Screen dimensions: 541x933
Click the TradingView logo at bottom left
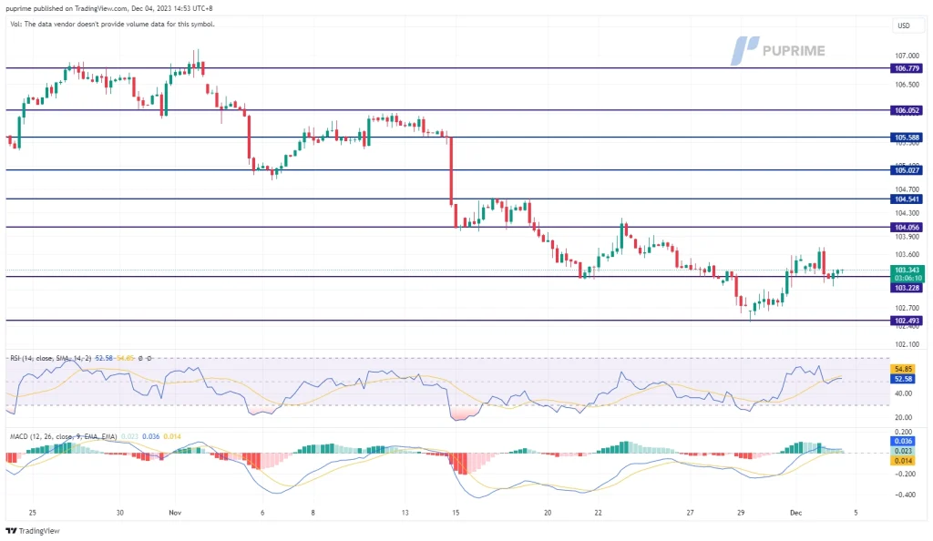pos(27,531)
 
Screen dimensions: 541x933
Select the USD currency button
pos(904,25)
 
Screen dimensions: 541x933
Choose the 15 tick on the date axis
pos(455,513)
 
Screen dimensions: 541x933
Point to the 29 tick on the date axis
pos(740,513)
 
